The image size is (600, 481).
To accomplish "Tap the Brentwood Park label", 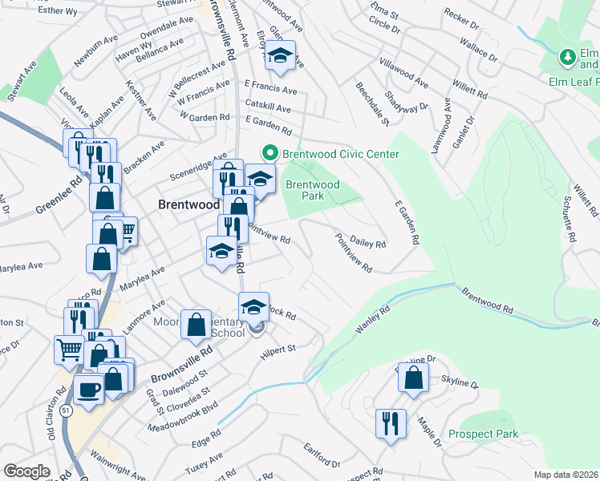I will [313, 190].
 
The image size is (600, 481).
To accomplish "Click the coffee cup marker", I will [88, 389].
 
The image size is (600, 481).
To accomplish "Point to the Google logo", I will [26, 471].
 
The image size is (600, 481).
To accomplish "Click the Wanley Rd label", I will [373, 319].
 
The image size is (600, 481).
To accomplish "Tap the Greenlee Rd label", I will [59, 200].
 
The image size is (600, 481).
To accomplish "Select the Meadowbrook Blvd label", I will [183, 418].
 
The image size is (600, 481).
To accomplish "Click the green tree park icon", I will [569, 57].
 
